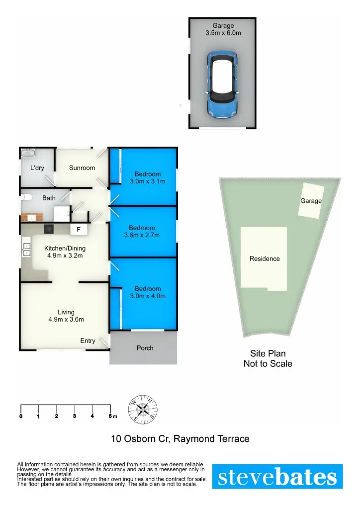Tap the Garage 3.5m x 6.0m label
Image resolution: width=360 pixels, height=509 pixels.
coord(223,30)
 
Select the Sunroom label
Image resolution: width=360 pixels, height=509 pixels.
coord(82,168)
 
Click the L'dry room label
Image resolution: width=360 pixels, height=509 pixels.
coord(37,168)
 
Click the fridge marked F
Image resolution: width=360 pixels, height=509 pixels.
coord(79,230)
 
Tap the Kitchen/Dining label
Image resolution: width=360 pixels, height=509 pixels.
coord(65,252)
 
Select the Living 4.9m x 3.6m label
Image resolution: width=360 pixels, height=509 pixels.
coord(66,316)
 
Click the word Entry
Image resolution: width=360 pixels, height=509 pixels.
coord(88,340)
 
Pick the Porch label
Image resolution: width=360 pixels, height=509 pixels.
coord(145,348)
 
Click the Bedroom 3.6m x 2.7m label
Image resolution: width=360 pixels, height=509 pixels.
coord(142,232)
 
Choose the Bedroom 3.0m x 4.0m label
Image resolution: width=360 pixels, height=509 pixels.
coord(148,292)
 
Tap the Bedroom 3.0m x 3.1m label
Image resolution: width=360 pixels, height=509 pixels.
coord(148,177)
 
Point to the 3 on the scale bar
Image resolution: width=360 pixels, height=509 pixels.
coord(75,416)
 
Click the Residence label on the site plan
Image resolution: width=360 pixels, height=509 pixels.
coord(265,258)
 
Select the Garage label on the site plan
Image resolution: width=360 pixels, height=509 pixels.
coord(311,201)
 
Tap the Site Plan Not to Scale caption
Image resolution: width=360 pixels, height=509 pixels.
coord(268,358)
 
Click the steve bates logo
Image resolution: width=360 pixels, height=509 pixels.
coord(277,477)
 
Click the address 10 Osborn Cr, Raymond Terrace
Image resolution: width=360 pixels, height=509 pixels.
coord(180,439)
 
